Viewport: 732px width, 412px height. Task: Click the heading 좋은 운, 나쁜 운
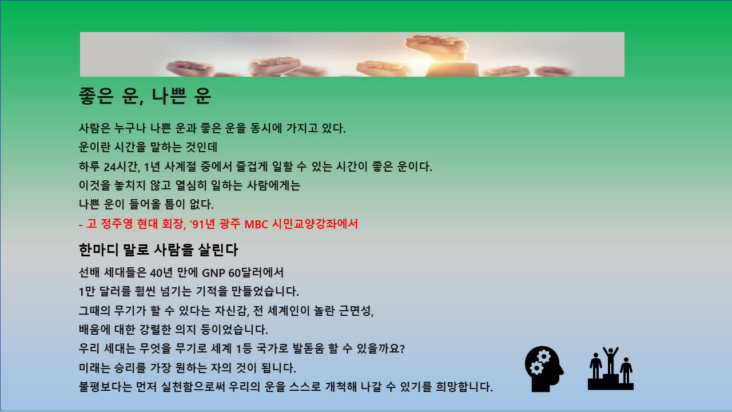pyautogui.click(x=145, y=96)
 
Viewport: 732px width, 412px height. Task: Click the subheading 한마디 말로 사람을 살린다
pyautogui.click(x=158, y=250)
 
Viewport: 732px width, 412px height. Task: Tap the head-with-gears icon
pyautogui.click(x=544, y=369)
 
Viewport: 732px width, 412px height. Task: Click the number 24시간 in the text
pyautogui.click(x=122, y=167)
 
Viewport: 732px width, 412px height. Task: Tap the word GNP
pyautogui.click(x=213, y=273)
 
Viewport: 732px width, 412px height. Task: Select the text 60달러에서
pyautogui.click(x=256, y=273)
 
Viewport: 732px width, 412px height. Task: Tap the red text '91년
pyautogui.click(x=202, y=224)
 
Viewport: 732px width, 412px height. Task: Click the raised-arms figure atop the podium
pyautogui.click(x=610, y=360)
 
